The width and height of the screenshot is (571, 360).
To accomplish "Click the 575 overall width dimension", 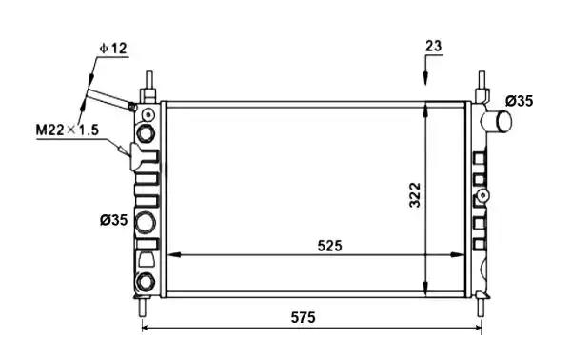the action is [x=303, y=317].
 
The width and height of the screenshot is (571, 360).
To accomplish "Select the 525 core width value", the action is [x=330, y=246].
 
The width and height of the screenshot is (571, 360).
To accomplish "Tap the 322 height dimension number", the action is [x=414, y=195].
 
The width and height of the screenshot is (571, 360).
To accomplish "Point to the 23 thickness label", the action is [x=433, y=47].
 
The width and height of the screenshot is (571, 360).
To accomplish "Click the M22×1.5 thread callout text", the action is [x=68, y=130].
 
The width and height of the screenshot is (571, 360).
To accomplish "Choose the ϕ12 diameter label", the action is [x=113, y=49].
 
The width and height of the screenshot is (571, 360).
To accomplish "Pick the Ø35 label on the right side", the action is [x=520, y=101].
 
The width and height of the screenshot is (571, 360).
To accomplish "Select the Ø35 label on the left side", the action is [x=114, y=220].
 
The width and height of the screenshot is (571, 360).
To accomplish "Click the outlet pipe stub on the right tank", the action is [x=497, y=121].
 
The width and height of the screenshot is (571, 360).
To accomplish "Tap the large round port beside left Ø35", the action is [x=146, y=222].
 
